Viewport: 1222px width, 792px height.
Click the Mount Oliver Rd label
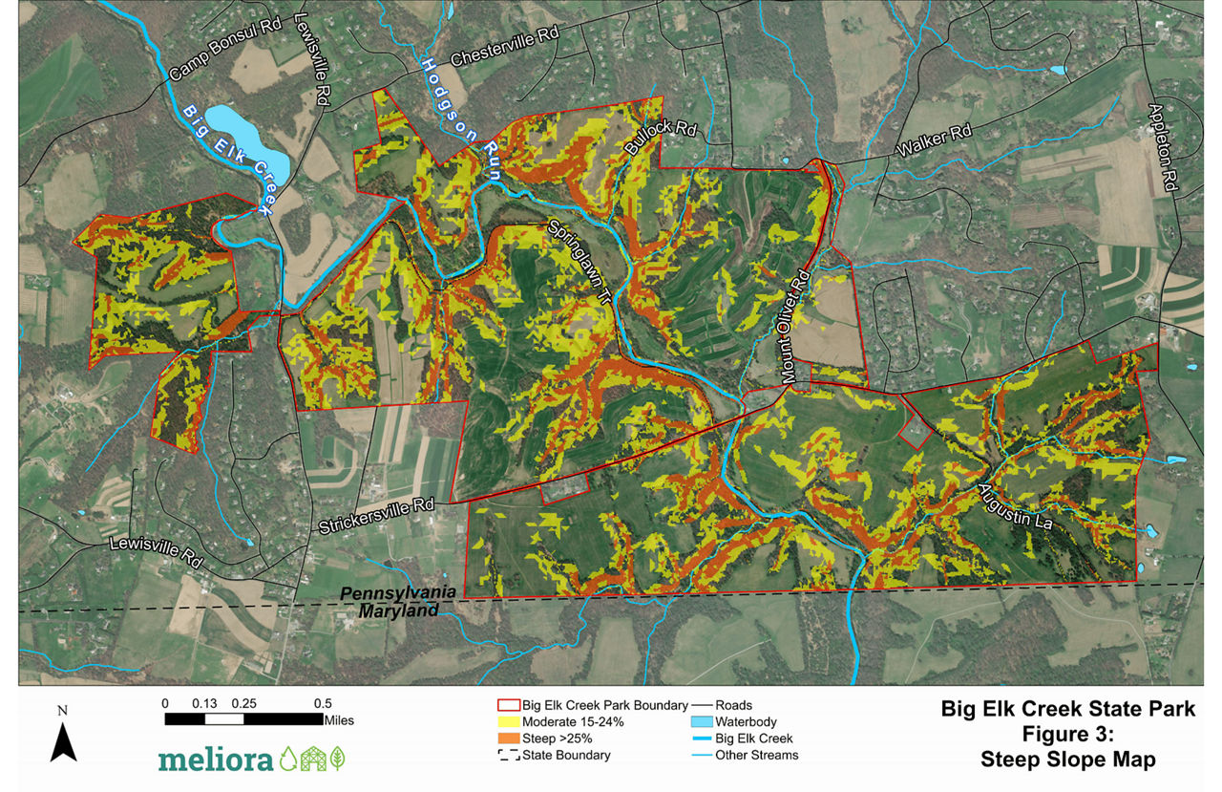(795, 326)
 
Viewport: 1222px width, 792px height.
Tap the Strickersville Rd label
(376, 517)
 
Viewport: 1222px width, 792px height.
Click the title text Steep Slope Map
(1068, 760)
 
